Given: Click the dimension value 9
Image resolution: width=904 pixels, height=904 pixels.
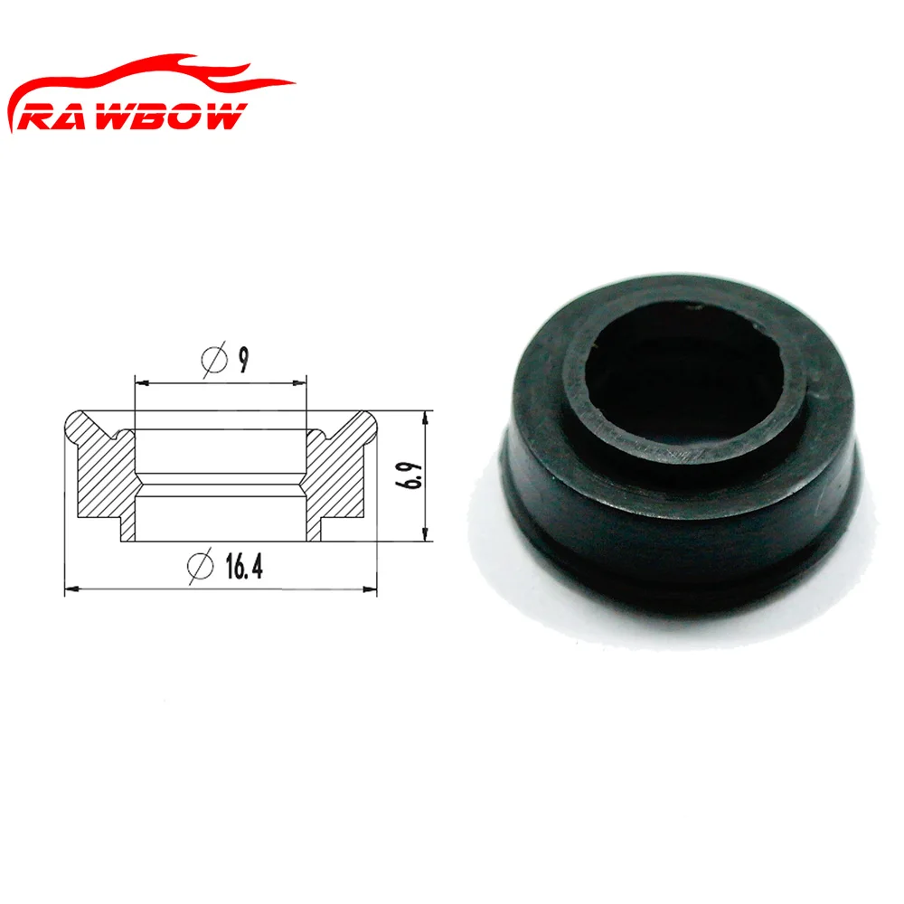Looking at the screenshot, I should pyautogui.click(x=243, y=360).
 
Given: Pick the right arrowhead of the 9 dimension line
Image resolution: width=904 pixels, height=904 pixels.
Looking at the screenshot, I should pyautogui.click(x=303, y=384).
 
